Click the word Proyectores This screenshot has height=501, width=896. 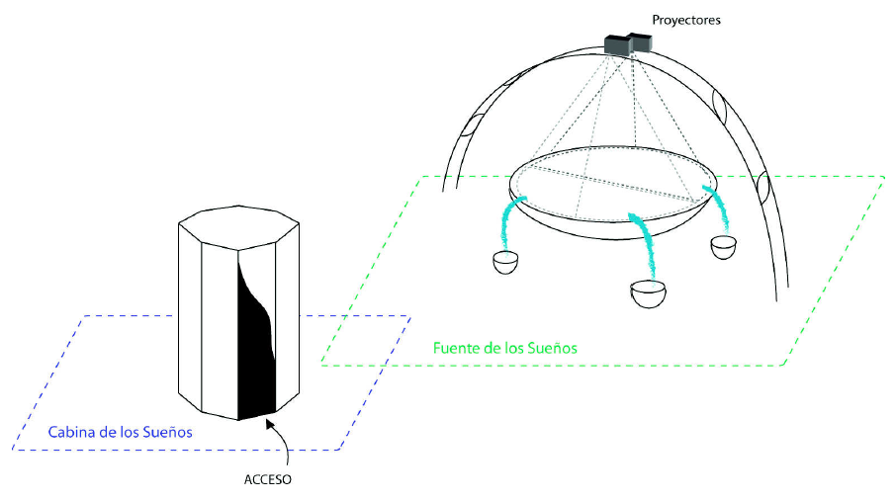point(686,20)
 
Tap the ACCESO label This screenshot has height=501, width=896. point(268,480)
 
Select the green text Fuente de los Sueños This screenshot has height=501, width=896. point(505,349)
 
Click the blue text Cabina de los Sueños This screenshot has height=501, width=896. point(121,433)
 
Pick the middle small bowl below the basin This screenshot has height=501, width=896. point(647,295)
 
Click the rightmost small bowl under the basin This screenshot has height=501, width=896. point(725,246)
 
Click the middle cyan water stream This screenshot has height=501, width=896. point(645,242)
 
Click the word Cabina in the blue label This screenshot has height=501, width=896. point(71,433)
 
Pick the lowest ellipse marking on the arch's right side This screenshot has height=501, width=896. point(763,186)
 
